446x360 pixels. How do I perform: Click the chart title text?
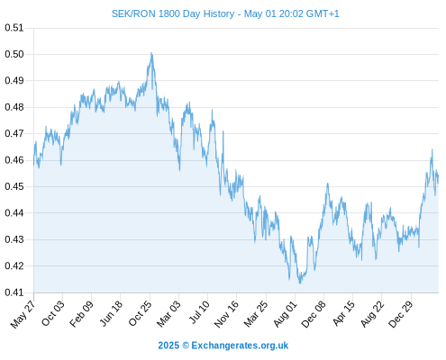click(225, 13)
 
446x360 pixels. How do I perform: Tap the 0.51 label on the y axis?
click(14, 28)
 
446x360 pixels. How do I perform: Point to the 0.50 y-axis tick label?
click(14, 54)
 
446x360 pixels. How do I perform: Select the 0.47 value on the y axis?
click(14, 133)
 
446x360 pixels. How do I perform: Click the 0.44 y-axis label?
click(14, 213)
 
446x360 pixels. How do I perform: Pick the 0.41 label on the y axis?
click(14, 292)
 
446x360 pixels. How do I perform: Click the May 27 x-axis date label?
click(23, 314)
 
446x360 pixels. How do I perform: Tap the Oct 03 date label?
click(53, 313)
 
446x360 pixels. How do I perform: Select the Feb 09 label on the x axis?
click(81, 313)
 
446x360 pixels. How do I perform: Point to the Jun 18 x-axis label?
click(111, 313)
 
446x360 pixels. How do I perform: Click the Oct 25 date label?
click(140, 313)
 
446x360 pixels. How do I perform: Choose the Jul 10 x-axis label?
click(199, 312)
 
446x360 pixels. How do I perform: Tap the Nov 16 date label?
click(226, 313)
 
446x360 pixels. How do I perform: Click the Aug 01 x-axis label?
click(285, 313)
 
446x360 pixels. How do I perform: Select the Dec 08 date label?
click(314, 314)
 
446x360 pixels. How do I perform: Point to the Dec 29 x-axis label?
click(400, 314)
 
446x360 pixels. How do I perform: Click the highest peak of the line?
click(151, 53)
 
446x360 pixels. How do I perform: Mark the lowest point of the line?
click(300, 283)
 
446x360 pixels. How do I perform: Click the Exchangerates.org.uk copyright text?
click(223, 346)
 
